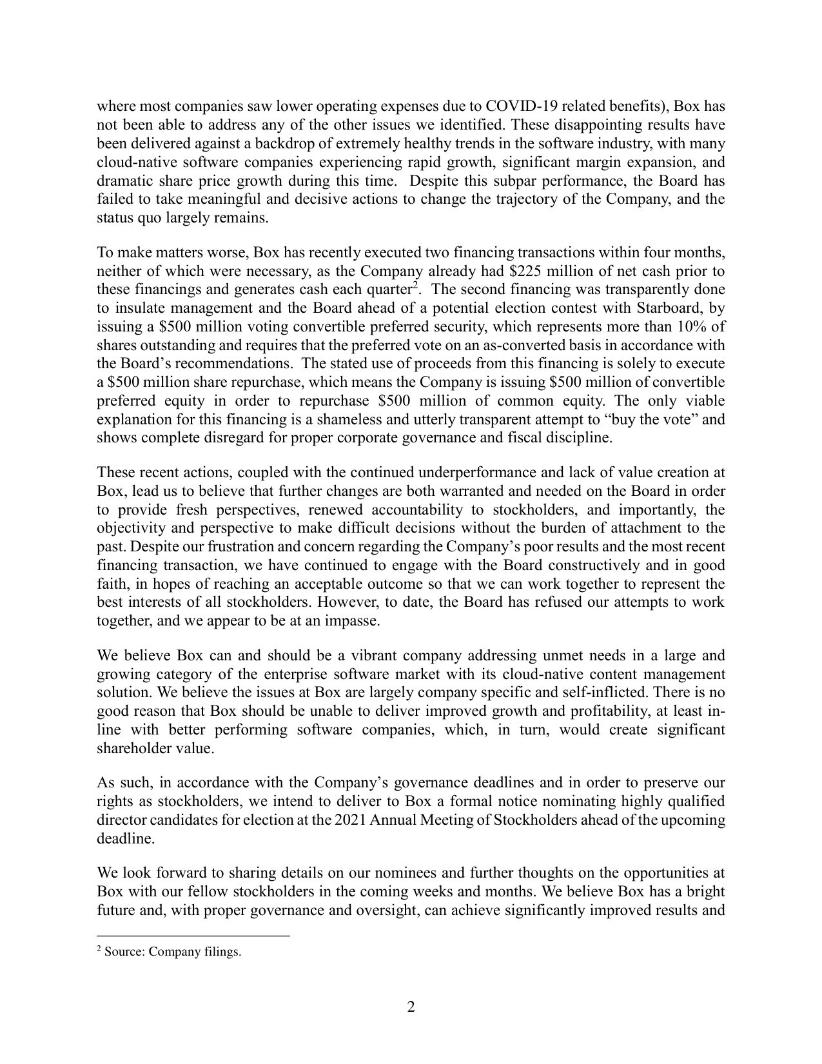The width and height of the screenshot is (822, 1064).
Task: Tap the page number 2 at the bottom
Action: click(x=411, y=1007)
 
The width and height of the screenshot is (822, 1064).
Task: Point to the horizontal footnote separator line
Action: click(x=193, y=936)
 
